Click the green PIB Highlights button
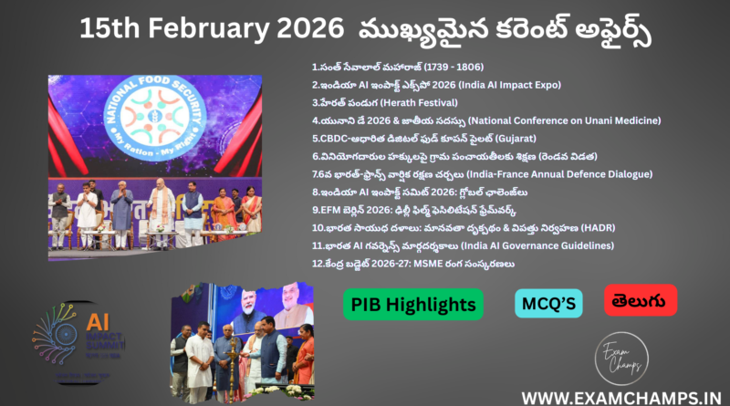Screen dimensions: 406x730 tap(413, 304)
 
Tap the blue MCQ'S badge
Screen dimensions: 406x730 tap(548, 303)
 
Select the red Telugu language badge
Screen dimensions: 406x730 tap(640, 299)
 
